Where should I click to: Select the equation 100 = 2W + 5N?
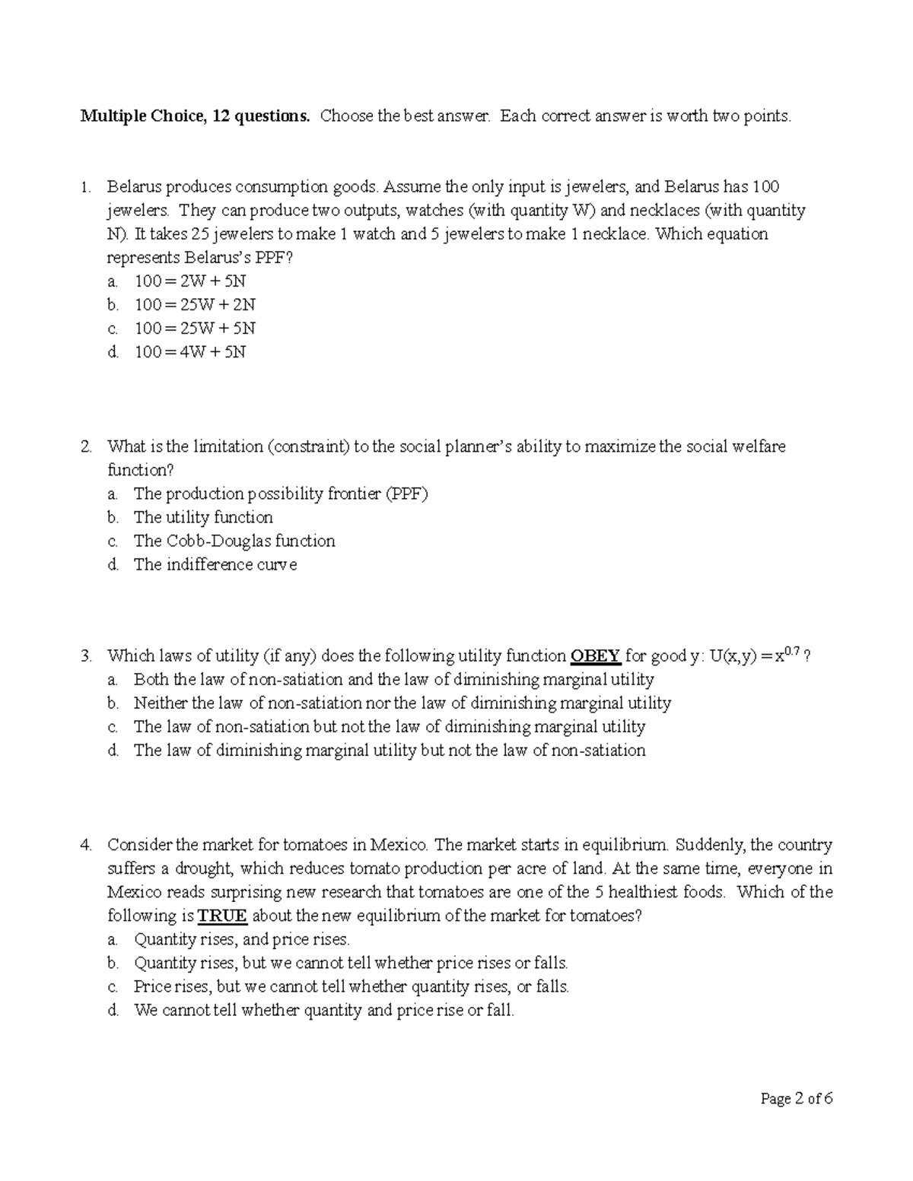pyautogui.click(x=190, y=281)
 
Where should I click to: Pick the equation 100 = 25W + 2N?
pyautogui.click(x=195, y=305)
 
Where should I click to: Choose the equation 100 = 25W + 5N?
pyautogui.click(x=195, y=329)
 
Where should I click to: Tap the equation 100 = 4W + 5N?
pyautogui.click(x=190, y=352)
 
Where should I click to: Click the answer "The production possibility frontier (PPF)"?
pyautogui.click(x=281, y=494)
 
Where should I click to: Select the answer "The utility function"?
pyautogui.click(x=203, y=518)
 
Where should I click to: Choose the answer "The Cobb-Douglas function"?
pyautogui.click(x=234, y=541)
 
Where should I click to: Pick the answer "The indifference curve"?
pyautogui.click(x=215, y=565)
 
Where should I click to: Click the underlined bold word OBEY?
pyautogui.click(x=596, y=656)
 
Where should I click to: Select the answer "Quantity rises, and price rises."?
pyautogui.click(x=242, y=940)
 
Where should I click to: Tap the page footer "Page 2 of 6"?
pyautogui.click(x=797, y=1099)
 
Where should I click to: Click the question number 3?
pyautogui.click(x=87, y=656)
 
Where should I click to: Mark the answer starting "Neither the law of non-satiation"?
pyautogui.click(x=402, y=703)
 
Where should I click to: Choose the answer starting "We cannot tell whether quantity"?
pyautogui.click(x=324, y=1011)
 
